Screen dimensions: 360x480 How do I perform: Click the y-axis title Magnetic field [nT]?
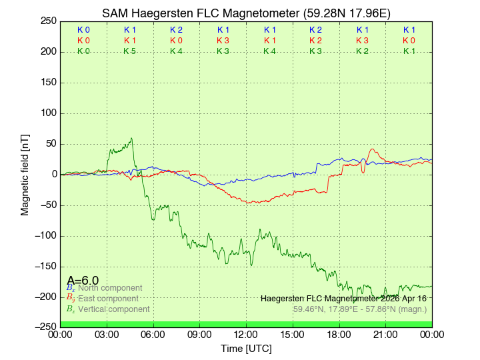tap(25, 173)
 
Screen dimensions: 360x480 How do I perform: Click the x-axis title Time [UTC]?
tap(246, 349)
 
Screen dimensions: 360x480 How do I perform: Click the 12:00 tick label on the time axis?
tap(246, 334)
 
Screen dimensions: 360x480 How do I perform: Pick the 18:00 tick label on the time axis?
tap(339, 334)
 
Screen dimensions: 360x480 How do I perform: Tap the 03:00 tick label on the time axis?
tap(107, 334)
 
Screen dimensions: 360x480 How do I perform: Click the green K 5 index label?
tap(130, 51)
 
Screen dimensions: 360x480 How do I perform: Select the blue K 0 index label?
tap(83, 30)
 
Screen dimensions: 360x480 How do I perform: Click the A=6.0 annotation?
tap(83, 281)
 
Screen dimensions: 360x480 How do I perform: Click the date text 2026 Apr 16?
tap(401, 299)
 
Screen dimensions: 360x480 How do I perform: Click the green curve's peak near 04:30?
tap(132, 139)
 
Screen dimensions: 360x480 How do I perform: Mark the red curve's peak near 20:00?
tap(372, 149)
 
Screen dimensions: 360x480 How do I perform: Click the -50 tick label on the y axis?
tap(47, 205)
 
